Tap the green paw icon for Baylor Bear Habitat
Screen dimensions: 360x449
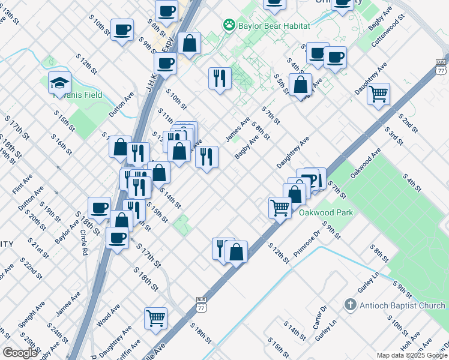[x=229, y=25]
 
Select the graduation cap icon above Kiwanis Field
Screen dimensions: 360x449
[x=59, y=82]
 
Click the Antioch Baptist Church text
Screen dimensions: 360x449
[x=402, y=305]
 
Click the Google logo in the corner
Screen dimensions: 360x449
[x=20, y=353]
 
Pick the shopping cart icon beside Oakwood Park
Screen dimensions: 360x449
[x=280, y=208]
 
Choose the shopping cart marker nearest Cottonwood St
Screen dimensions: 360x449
[x=379, y=93]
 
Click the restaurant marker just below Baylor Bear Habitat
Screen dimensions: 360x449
[x=220, y=77]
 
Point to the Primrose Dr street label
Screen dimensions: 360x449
[x=307, y=244]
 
